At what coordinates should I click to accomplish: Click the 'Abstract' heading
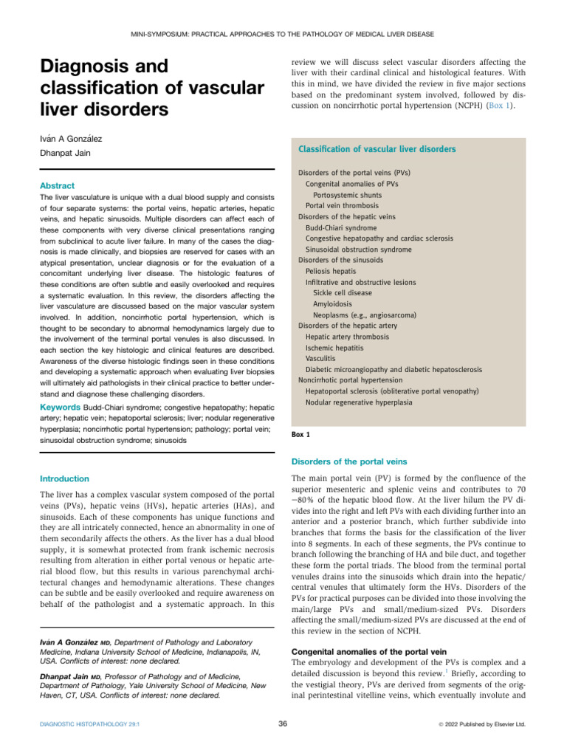[x=58, y=186]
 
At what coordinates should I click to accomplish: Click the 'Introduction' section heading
[x=65, y=478]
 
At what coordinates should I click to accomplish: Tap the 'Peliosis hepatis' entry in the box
[x=333, y=271]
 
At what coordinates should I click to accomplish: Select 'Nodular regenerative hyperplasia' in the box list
[x=360, y=402]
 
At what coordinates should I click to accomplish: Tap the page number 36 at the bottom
[x=283, y=724]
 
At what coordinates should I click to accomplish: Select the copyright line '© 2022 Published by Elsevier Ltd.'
[x=480, y=725]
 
